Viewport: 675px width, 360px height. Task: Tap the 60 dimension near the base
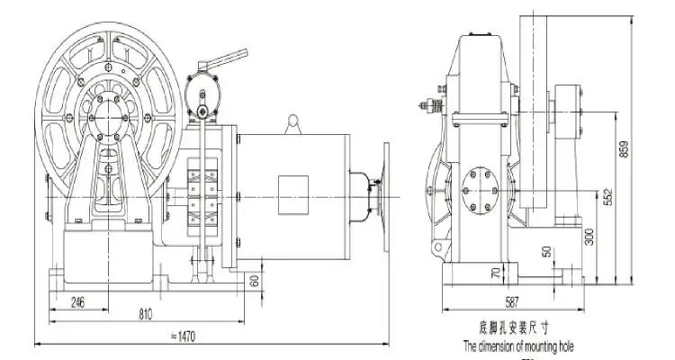point(255,281)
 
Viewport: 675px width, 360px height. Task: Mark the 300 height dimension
point(590,237)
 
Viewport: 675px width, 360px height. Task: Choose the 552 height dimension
point(607,196)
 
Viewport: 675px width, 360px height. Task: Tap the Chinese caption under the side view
point(518,329)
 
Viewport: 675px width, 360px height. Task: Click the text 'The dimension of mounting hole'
point(518,346)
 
